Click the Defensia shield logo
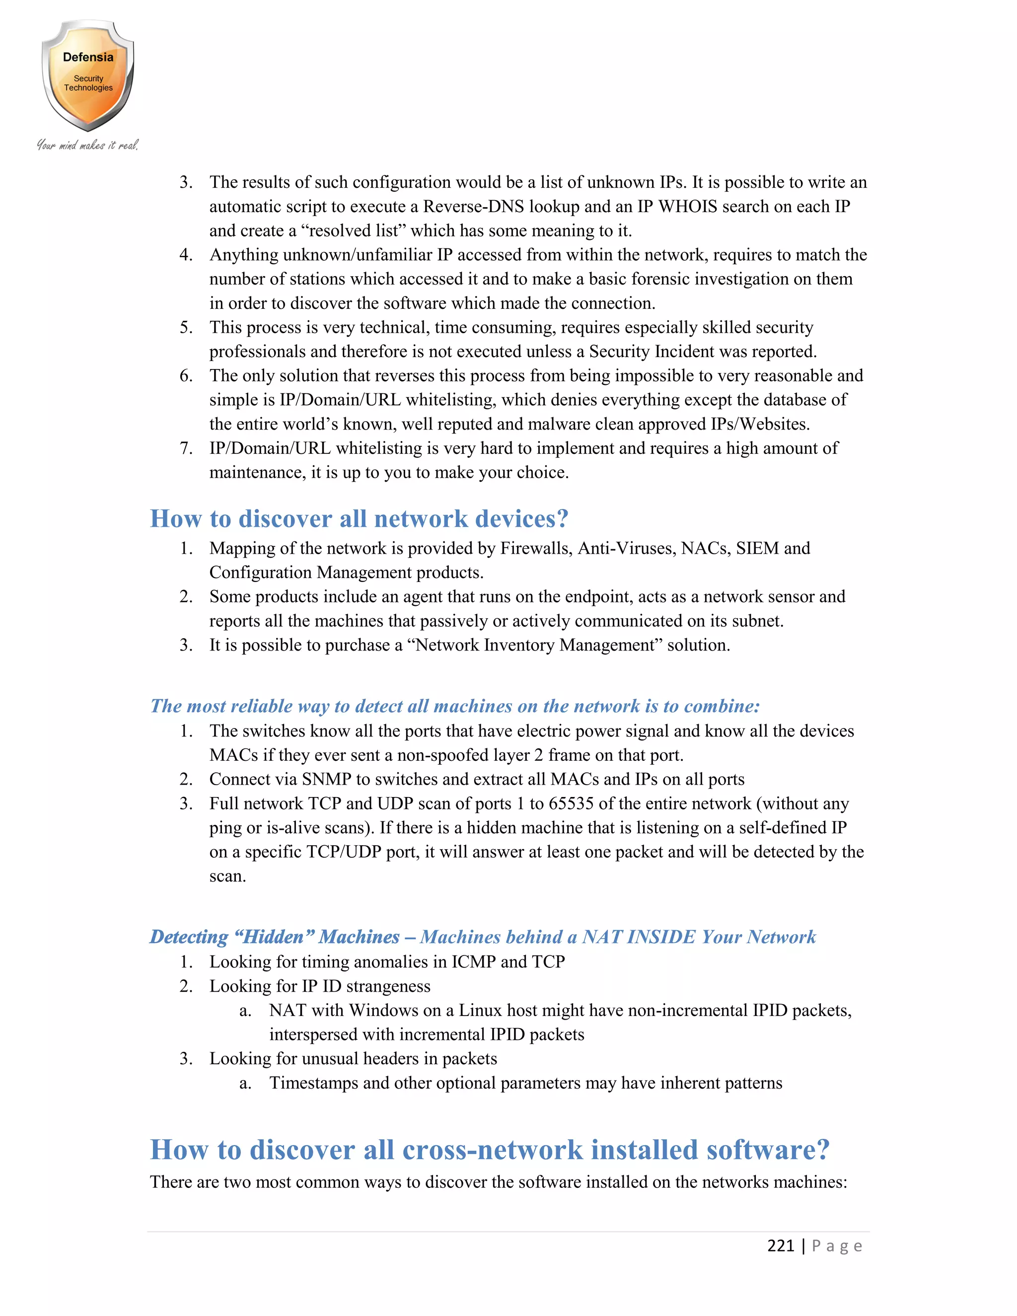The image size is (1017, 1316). [88, 76]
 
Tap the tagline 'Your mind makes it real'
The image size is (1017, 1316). [88, 145]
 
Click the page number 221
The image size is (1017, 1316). [780, 1245]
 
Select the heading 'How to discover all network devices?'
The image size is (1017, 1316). [359, 519]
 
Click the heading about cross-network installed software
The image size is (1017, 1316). [489, 1150]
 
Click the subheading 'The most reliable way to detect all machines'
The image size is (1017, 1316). [455, 706]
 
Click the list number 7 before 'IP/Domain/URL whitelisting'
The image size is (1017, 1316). [186, 448]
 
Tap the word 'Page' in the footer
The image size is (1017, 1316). [837, 1245]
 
